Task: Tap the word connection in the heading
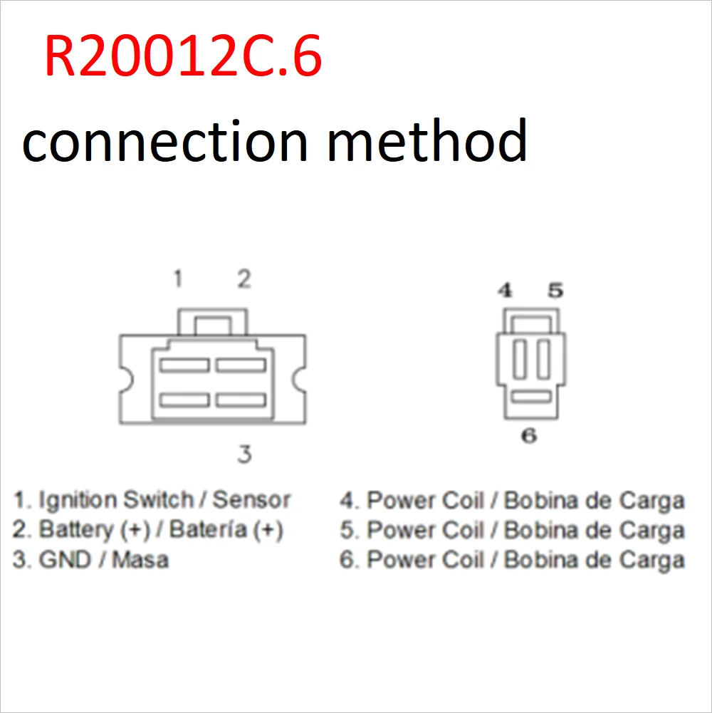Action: click(x=164, y=140)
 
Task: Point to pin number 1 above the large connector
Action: click(x=178, y=279)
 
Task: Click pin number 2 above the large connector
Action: click(x=244, y=279)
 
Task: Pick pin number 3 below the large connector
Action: click(x=244, y=454)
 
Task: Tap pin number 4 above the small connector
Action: click(x=505, y=290)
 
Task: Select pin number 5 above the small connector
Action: click(x=555, y=290)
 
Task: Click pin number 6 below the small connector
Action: click(x=529, y=435)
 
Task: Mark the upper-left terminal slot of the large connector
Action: click(x=184, y=365)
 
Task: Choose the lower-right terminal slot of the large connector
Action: click(x=241, y=400)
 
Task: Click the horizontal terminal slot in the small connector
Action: click(x=532, y=395)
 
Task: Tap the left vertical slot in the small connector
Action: click(x=519, y=359)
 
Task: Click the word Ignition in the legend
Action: click(x=78, y=500)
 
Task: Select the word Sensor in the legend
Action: click(x=252, y=499)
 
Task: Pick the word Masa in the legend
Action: click(x=140, y=560)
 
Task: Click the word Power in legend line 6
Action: click(x=399, y=560)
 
